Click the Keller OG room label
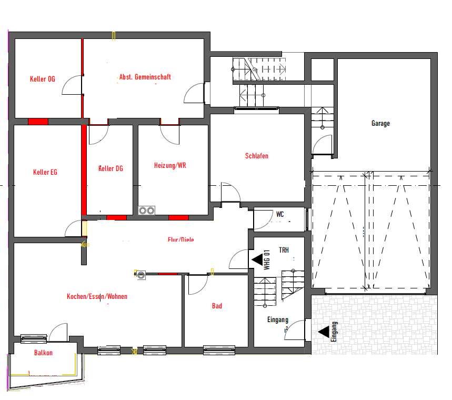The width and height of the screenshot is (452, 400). (43, 79)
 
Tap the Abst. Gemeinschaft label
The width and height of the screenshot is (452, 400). (145, 77)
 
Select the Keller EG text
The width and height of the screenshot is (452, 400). (45, 172)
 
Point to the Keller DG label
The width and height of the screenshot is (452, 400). (111, 168)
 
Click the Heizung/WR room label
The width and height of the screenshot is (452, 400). (170, 165)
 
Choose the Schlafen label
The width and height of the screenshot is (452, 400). (257, 156)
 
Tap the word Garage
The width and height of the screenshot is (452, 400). (380, 124)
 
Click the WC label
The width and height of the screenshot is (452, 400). (280, 214)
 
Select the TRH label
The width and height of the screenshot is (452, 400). (284, 250)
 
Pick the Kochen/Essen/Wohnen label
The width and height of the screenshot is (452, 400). (97, 296)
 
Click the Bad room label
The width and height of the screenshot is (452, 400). (217, 306)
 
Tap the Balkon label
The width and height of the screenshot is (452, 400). (43, 353)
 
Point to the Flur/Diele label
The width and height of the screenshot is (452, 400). (180, 240)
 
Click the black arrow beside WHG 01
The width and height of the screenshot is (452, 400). (256, 259)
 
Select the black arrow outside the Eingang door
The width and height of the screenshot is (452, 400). (324, 332)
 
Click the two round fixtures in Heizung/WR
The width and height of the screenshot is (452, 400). (146, 211)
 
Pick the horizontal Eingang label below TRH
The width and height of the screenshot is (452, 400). (277, 319)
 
